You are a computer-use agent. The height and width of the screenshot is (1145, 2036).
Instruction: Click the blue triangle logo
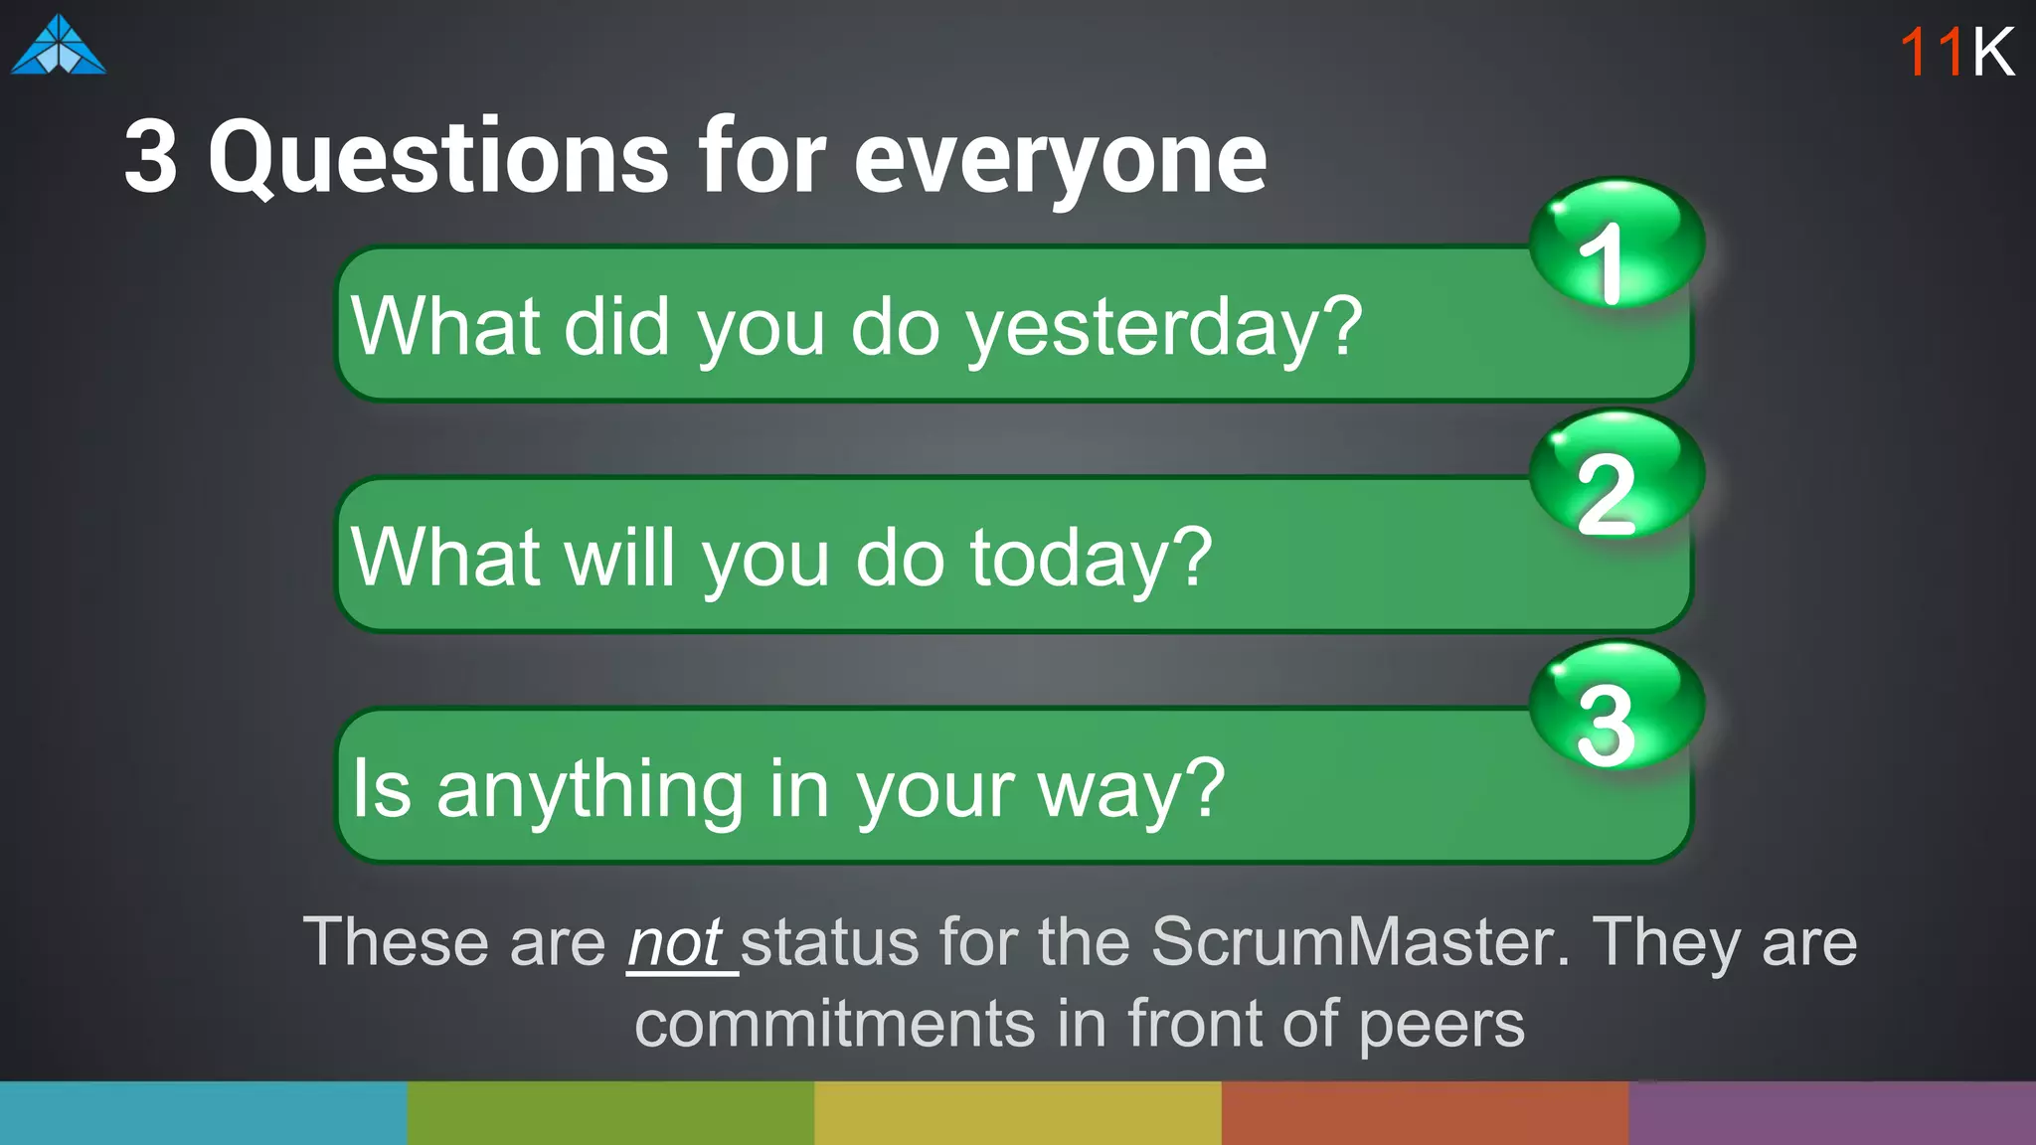point(59,47)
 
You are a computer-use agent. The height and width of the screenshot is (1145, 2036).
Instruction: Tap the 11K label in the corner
point(1955,52)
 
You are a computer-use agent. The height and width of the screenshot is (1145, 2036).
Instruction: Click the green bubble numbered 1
point(1615,245)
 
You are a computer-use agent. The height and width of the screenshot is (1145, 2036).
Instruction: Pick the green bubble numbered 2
point(1615,475)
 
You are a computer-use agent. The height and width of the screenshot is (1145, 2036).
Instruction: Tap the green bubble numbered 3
point(1615,706)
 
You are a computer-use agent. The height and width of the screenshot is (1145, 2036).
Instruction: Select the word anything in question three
point(590,789)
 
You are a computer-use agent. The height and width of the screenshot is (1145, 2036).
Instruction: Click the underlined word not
point(675,942)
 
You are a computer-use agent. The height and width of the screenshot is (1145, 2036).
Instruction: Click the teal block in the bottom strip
point(203,1113)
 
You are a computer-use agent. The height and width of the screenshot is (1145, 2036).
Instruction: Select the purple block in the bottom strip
point(1832,1113)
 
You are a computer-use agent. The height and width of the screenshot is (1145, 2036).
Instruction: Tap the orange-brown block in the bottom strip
point(1425,1113)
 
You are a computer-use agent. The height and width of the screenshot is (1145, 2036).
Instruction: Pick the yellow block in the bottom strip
point(1017,1113)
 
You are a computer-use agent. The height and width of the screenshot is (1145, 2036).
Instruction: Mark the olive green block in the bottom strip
point(610,1113)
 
